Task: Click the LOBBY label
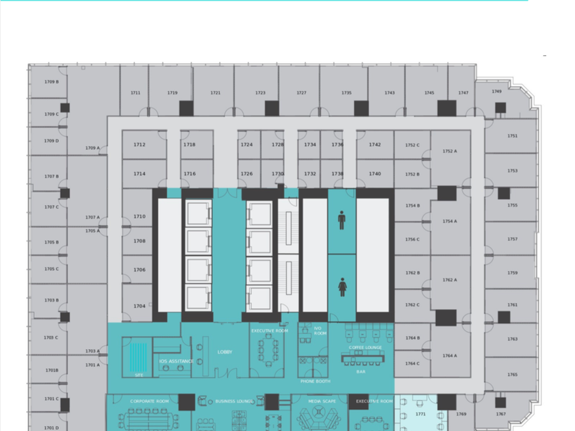(225, 352)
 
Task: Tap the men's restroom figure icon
(342, 220)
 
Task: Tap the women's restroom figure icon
(342, 287)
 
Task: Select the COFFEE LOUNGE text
(366, 348)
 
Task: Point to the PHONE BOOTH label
(315, 381)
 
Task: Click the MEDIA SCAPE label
(322, 402)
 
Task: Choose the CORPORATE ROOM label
(149, 402)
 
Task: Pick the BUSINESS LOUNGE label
(235, 402)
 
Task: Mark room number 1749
(496, 91)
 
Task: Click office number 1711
(136, 93)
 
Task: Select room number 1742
(375, 145)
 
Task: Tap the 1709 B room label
(51, 81)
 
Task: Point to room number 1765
(513, 374)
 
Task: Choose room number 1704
(140, 306)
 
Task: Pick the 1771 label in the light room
(420, 414)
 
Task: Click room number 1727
(301, 93)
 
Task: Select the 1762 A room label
(450, 280)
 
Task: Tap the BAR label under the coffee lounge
(361, 372)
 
